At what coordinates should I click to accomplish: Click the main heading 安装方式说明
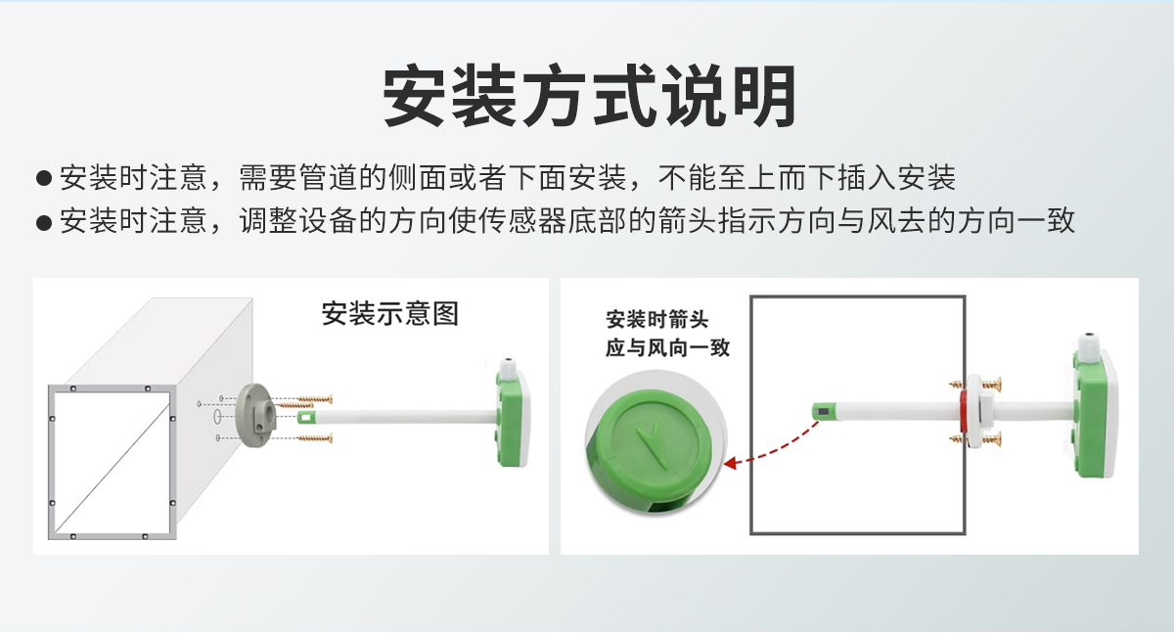[x=588, y=97]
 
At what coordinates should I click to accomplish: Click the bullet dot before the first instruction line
[x=43, y=179]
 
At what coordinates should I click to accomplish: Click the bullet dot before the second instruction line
[x=43, y=222]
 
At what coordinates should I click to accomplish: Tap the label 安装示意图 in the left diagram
[x=389, y=314]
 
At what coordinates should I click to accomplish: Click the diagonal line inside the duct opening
[x=113, y=464]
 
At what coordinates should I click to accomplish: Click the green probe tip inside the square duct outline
[x=823, y=412]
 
